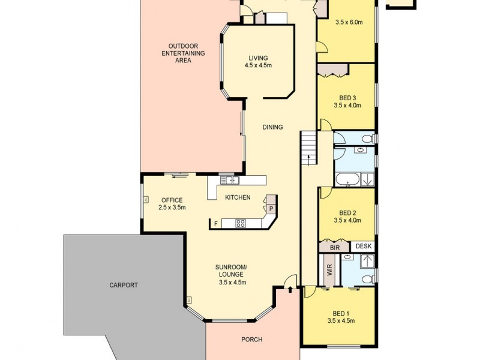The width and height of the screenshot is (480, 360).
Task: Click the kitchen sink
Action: point(229,180)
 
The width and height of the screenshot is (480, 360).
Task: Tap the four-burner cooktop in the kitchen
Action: point(240,224)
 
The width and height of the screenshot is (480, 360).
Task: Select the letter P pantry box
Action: point(271,209)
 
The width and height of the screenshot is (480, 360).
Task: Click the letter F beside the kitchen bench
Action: point(215,224)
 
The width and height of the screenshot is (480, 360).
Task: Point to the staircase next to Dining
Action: point(308,149)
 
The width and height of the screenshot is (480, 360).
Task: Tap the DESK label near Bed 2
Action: point(364,246)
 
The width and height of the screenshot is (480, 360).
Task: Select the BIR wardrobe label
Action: point(334,247)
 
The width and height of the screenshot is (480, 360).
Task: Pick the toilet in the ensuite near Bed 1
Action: point(370,278)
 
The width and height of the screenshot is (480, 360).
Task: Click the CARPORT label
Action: point(124,285)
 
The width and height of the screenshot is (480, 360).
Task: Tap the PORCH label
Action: point(252,340)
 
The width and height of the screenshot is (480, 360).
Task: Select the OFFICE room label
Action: point(172,200)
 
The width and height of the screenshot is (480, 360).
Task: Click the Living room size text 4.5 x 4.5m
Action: point(259,65)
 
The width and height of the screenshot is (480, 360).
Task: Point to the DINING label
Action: point(272,127)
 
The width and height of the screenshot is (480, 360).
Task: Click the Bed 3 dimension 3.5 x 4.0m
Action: point(347,106)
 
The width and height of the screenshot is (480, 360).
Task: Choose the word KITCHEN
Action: point(238,197)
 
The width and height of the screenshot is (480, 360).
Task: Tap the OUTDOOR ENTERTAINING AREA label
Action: point(187,53)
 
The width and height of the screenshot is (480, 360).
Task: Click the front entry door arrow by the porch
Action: point(290,290)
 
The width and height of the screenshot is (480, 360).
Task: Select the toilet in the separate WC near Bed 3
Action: point(370,139)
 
